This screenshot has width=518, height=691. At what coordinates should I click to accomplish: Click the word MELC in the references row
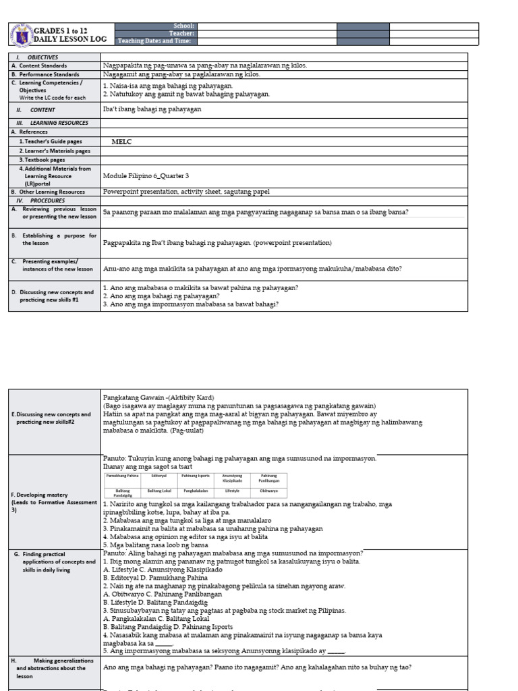(121, 142)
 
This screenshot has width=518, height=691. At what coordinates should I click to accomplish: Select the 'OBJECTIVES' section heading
(42, 57)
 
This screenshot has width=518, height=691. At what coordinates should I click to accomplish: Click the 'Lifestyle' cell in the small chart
(232, 491)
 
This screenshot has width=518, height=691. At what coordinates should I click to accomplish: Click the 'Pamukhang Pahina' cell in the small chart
(121, 476)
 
